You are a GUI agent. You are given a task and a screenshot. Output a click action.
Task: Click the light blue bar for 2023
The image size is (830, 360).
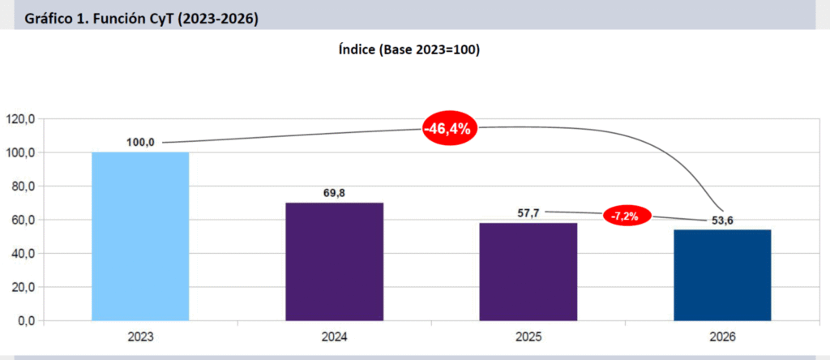point(140,236)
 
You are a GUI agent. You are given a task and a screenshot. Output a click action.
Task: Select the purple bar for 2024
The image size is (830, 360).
point(334,261)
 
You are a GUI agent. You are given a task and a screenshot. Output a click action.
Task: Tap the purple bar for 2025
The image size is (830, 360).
point(528,271)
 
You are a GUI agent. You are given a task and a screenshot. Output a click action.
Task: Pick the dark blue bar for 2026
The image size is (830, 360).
point(722,274)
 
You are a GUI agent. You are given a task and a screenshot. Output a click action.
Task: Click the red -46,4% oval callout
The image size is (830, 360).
point(448,130)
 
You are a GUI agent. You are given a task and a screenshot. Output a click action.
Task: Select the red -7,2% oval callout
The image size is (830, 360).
point(627,216)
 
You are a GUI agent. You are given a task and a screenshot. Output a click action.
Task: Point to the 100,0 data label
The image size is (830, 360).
point(140,142)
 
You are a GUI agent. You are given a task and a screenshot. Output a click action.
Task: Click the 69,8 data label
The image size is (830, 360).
point(334,192)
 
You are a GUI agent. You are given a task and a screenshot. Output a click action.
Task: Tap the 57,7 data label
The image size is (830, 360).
point(528,212)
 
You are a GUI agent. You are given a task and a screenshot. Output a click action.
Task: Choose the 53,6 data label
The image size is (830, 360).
point(722,220)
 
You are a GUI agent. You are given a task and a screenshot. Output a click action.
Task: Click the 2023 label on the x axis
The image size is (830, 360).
point(140,336)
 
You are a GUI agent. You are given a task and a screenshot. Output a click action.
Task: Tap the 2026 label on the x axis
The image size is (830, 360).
point(722,336)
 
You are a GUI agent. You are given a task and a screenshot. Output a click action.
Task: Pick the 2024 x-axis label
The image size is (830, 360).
point(334,336)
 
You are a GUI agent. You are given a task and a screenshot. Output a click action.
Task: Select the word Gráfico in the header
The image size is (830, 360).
point(52,18)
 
